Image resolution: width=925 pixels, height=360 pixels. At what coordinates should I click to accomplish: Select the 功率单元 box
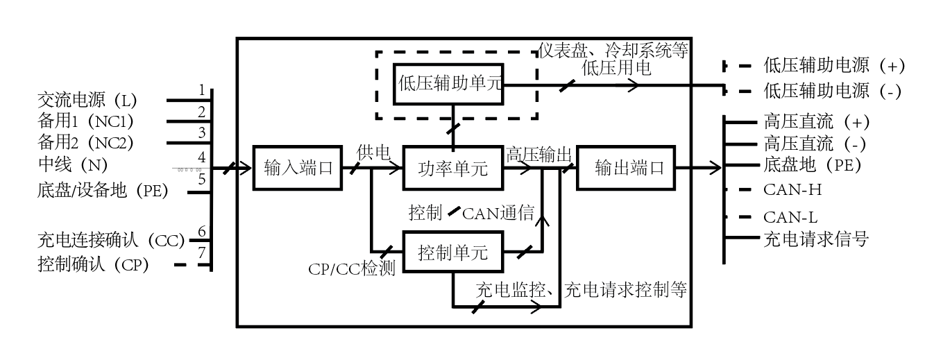click(453, 168)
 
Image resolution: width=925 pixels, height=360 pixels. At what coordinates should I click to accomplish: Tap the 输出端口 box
click(625, 168)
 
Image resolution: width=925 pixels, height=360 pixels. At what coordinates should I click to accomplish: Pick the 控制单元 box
click(453, 252)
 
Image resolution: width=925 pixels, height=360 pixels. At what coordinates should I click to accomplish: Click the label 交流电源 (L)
click(87, 100)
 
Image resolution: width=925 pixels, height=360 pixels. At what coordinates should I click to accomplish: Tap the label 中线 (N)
click(72, 165)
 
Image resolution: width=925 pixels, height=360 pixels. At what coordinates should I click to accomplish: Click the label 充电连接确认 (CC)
click(111, 241)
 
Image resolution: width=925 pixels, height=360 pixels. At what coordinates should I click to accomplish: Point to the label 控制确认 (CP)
click(93, 264)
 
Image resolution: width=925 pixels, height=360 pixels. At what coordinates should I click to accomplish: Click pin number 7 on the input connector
click(202, 252)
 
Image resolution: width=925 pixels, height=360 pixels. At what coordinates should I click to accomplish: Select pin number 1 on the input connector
click(202, 90)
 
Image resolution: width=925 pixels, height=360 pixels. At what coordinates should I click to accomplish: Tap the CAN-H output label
click(792, 189)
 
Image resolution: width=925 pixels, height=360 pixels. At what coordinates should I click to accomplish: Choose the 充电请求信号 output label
click(816, 240)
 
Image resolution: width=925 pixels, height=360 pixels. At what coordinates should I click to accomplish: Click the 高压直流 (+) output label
click(816, 122)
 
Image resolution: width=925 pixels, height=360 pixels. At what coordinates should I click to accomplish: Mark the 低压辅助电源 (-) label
click(833, 90)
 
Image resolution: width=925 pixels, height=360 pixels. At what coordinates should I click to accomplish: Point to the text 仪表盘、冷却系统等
click(613, 51)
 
